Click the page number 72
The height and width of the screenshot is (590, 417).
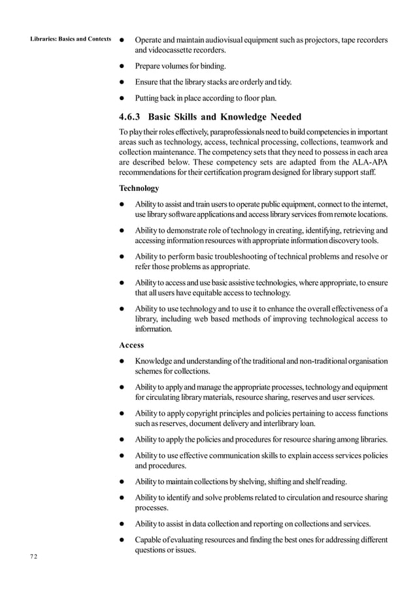point(33,556)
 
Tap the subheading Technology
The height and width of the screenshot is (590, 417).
point(139,188)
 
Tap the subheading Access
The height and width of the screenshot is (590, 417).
point(131,345)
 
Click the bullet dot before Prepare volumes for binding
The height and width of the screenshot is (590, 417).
point(122,67)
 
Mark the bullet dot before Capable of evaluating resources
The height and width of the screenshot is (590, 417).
point(122,540)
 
